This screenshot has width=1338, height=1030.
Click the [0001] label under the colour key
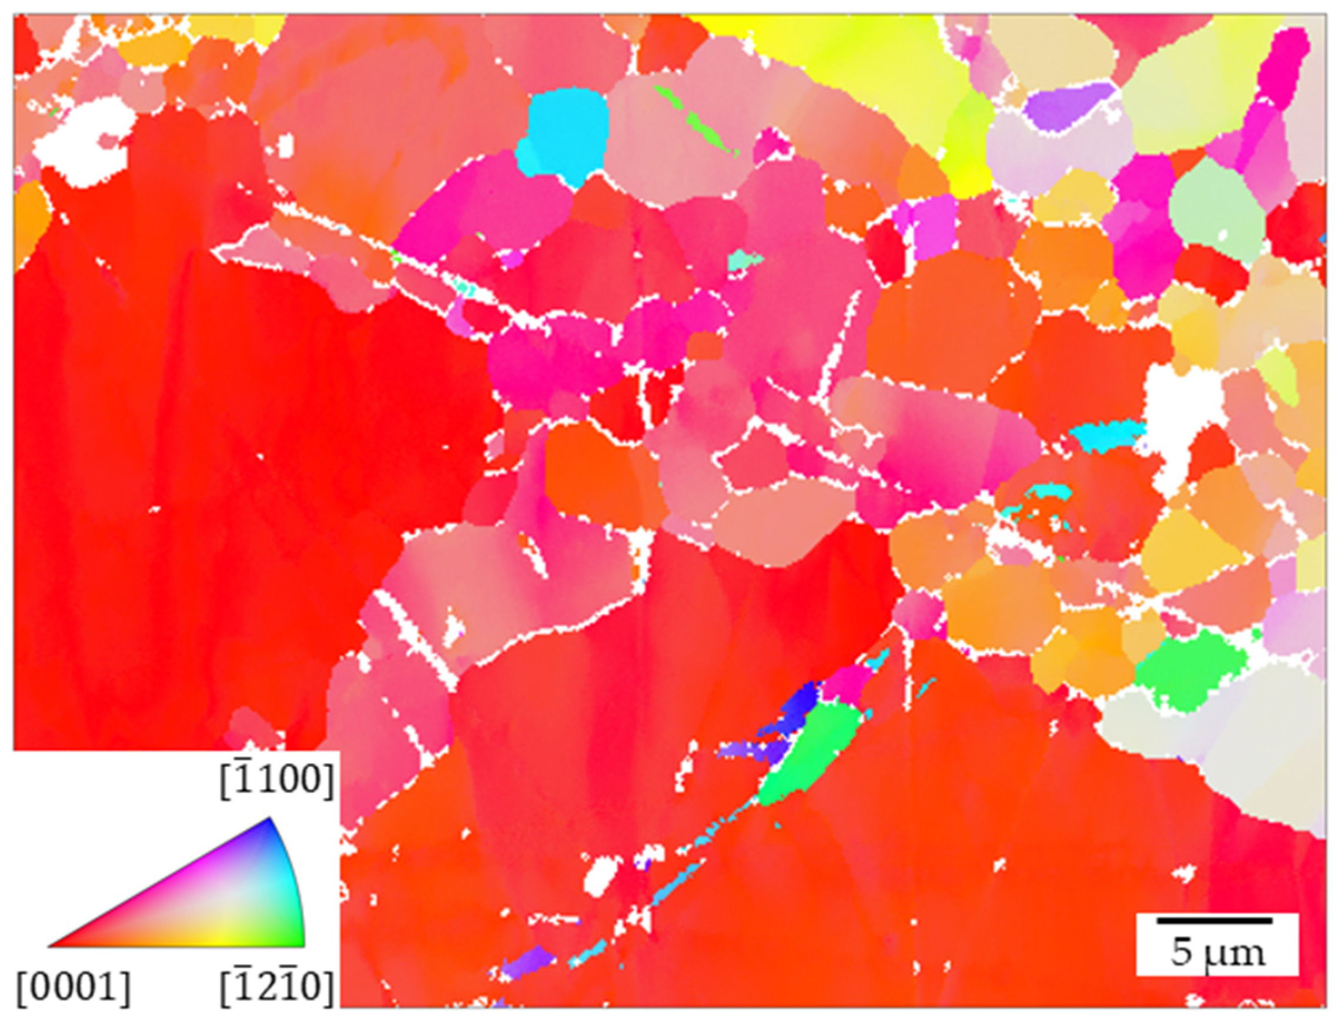tap(73, 988)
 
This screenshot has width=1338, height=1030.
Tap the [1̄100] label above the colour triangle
tap(277, 781)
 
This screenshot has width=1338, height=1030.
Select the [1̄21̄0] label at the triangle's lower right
tap(277, 988)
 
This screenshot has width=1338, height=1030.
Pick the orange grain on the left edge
tap(31, 220)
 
